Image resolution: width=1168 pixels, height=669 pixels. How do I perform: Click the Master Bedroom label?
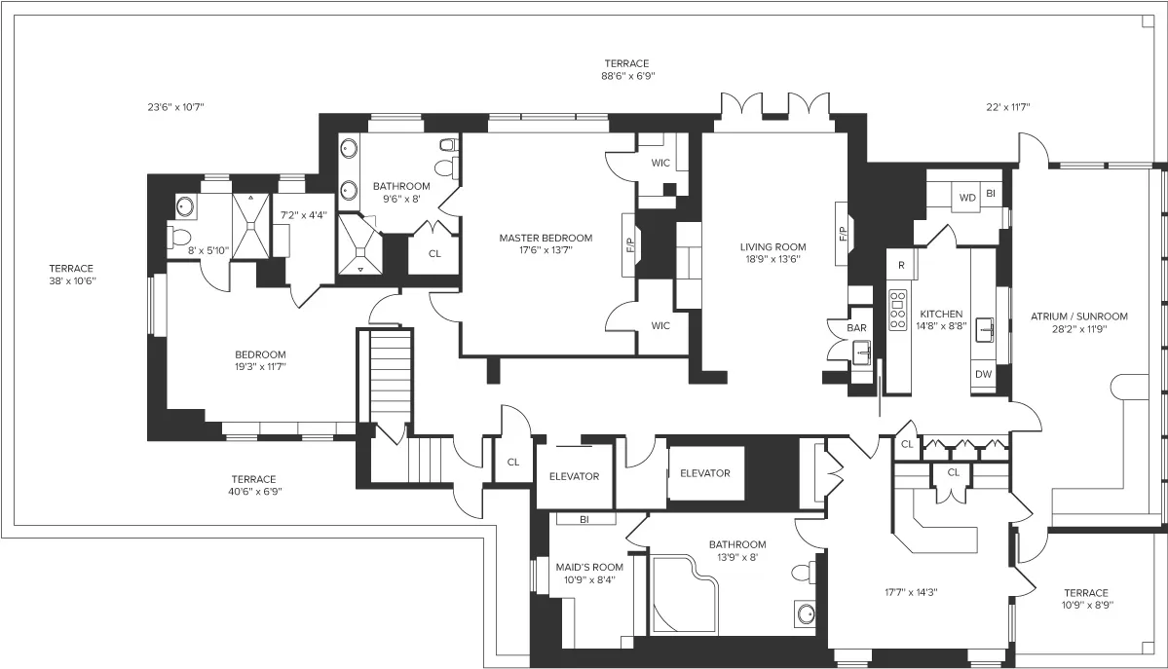pos(545,238)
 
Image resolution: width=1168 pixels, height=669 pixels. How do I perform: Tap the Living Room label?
pos(772,246)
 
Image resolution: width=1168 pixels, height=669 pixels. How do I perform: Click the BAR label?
pos(856,328)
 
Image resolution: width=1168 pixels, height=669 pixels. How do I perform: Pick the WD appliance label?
pos(967,198)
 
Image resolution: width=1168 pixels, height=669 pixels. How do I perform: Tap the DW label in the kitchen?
pos(983,374)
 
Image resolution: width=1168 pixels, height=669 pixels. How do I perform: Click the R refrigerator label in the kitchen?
pos(902,264)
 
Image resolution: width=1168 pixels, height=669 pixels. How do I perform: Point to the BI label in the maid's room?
pos(584,519)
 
